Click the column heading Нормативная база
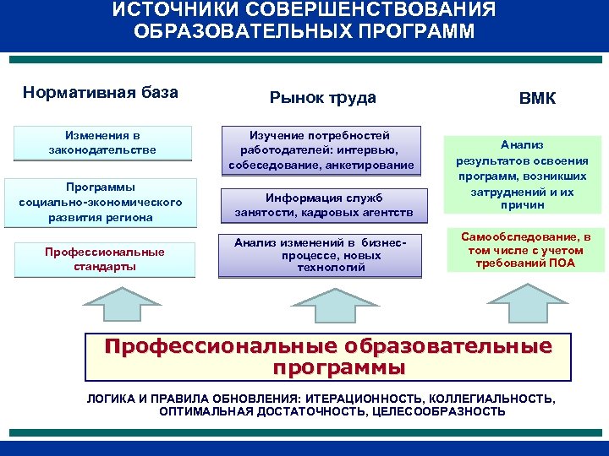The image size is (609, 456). [x=101, y=92]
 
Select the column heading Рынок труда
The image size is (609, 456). [x=322, y=98]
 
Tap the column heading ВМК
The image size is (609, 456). [x=537, y=99]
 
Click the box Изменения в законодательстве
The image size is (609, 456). [x=102, y=142]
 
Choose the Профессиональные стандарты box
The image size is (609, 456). [x=104, y=258]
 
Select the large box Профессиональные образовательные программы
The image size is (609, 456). [x=327, y=357]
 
